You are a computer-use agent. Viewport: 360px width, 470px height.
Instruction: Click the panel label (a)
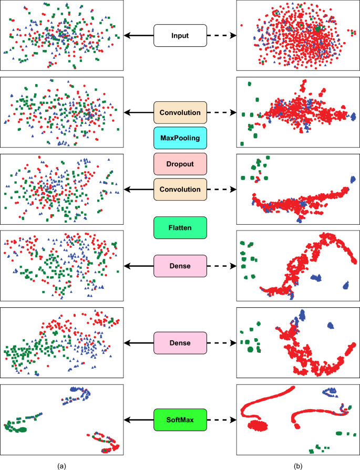tap(62, 465)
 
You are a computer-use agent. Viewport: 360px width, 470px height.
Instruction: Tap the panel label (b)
tap(298, 465)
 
